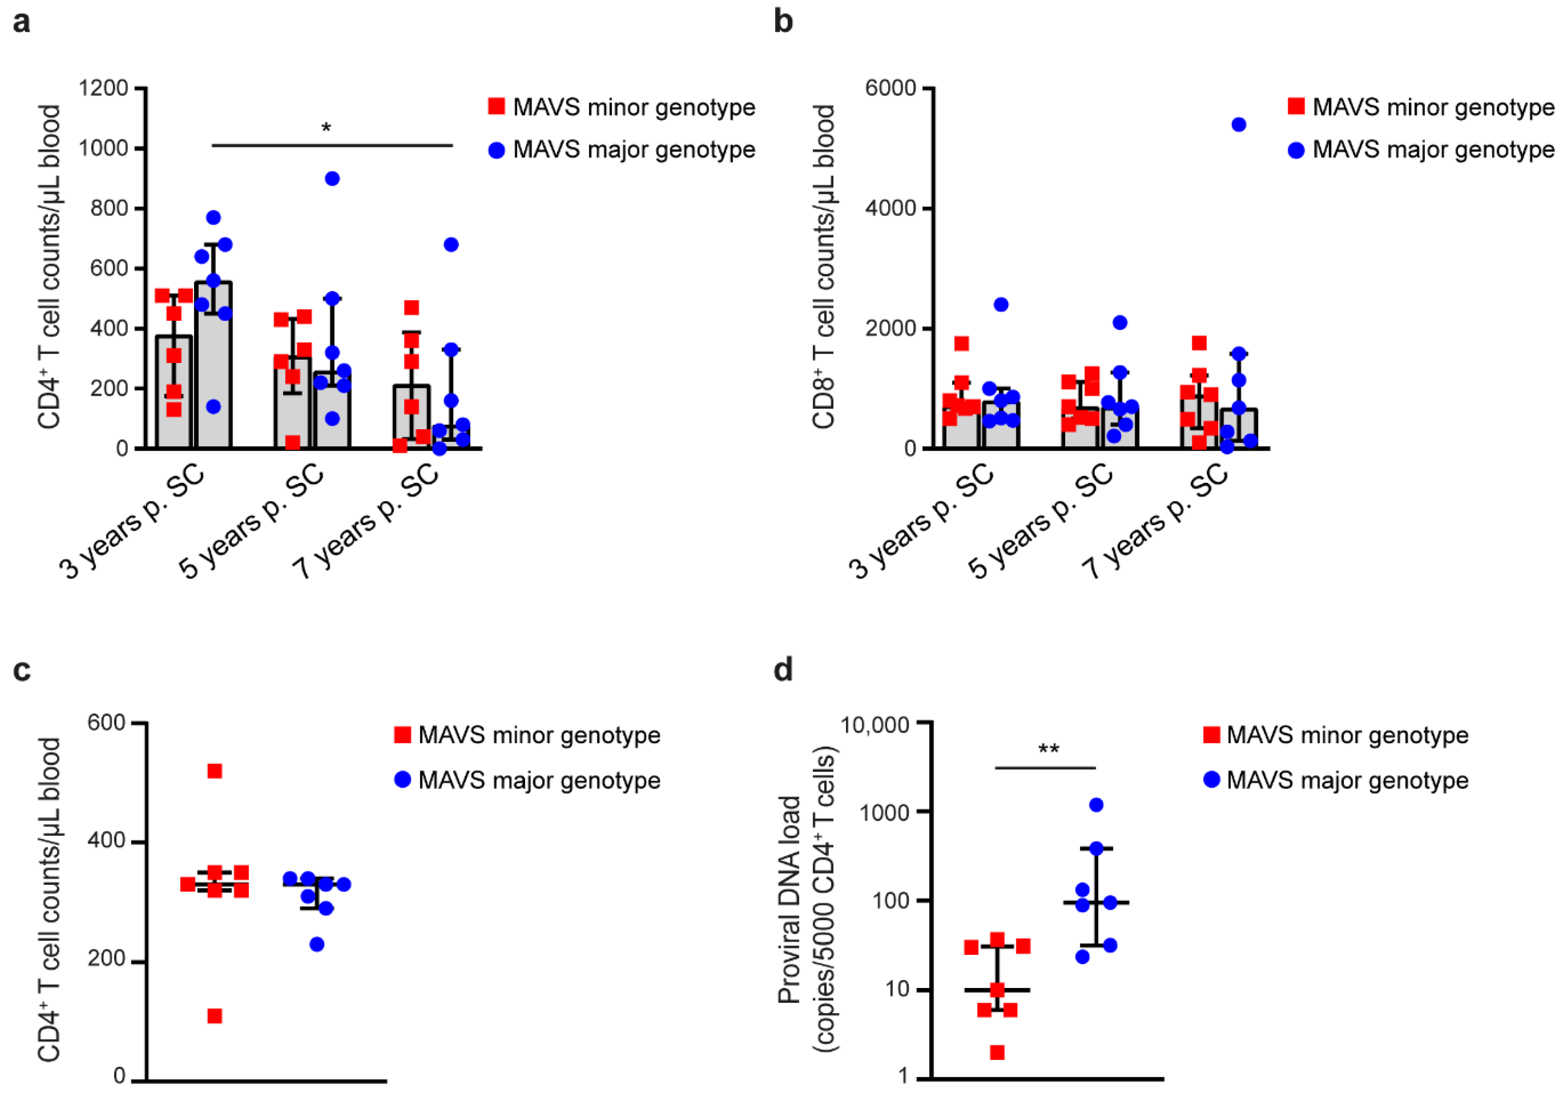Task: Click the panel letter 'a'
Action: point(22,23)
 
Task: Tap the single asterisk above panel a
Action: point(326,127)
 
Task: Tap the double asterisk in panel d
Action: point(1048,749)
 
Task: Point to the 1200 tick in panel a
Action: point(104,88)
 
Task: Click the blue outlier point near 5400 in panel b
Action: point(1239,124)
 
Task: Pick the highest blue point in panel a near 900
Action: point(332,179)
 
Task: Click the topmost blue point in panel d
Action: point(1097,805)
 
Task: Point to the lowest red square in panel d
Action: point(997,1053)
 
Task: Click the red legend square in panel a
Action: point(497,106)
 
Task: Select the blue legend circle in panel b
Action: point(1296,150)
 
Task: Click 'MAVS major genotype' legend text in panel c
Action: point(539,780)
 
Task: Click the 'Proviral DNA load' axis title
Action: point(789,899)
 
